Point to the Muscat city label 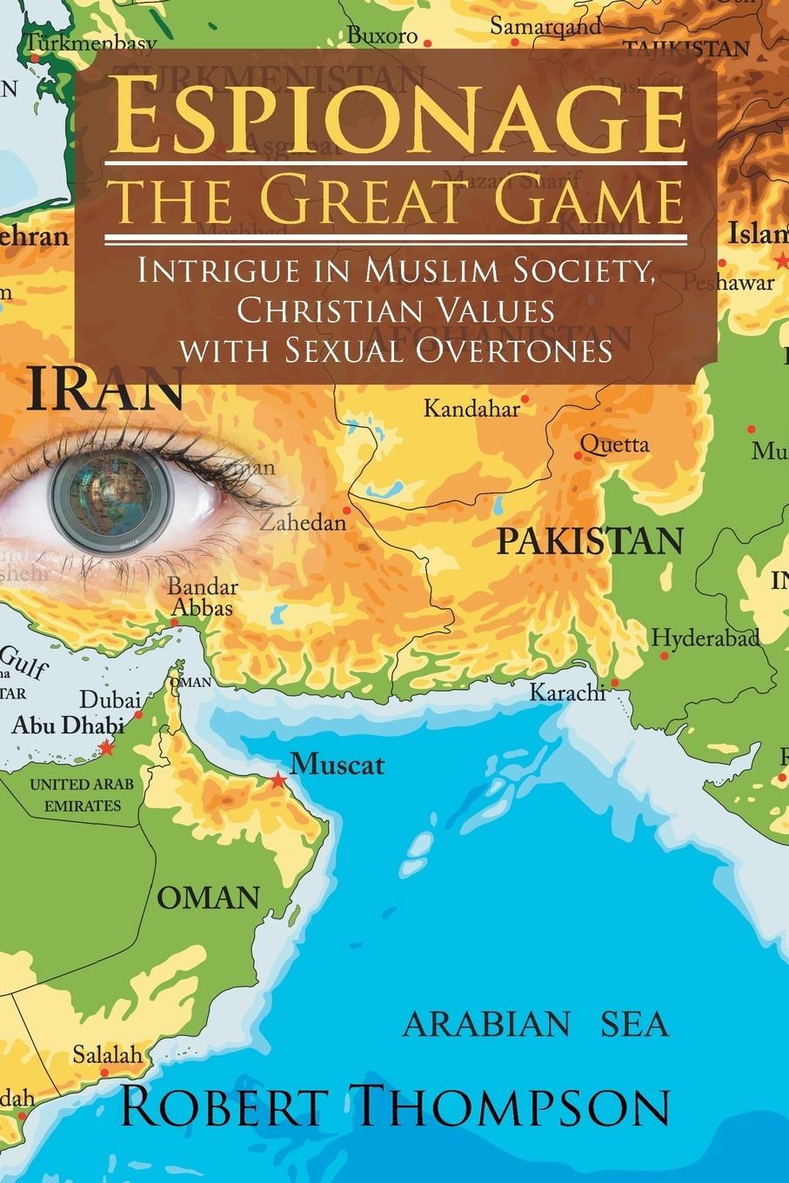(x=337, y=765)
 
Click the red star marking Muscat (x=277, y=779)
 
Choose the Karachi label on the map (x=567, y=692)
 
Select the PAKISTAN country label (x=590, y=541)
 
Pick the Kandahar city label (x=471, y=408)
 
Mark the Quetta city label (x=614, y=444)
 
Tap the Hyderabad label (x=705, y=637)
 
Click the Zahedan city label (x=303, y=523)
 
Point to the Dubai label (x=110, y=699)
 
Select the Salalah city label (x=106, y=1055)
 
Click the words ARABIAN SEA (x=536, y=1025)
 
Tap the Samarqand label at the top (x=545, y=26)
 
